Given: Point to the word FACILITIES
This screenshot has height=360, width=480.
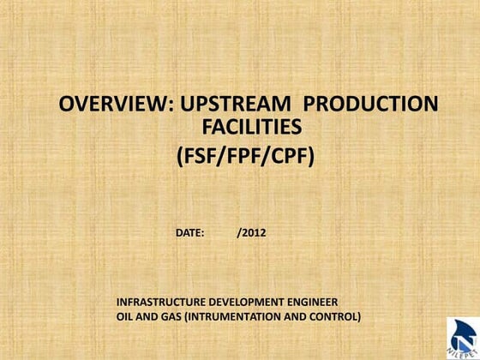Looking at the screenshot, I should pos(250,129).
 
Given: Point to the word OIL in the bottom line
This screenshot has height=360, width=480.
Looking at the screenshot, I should pos(125,317).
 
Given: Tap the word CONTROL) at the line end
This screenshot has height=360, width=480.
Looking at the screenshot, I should pos(337,317).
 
